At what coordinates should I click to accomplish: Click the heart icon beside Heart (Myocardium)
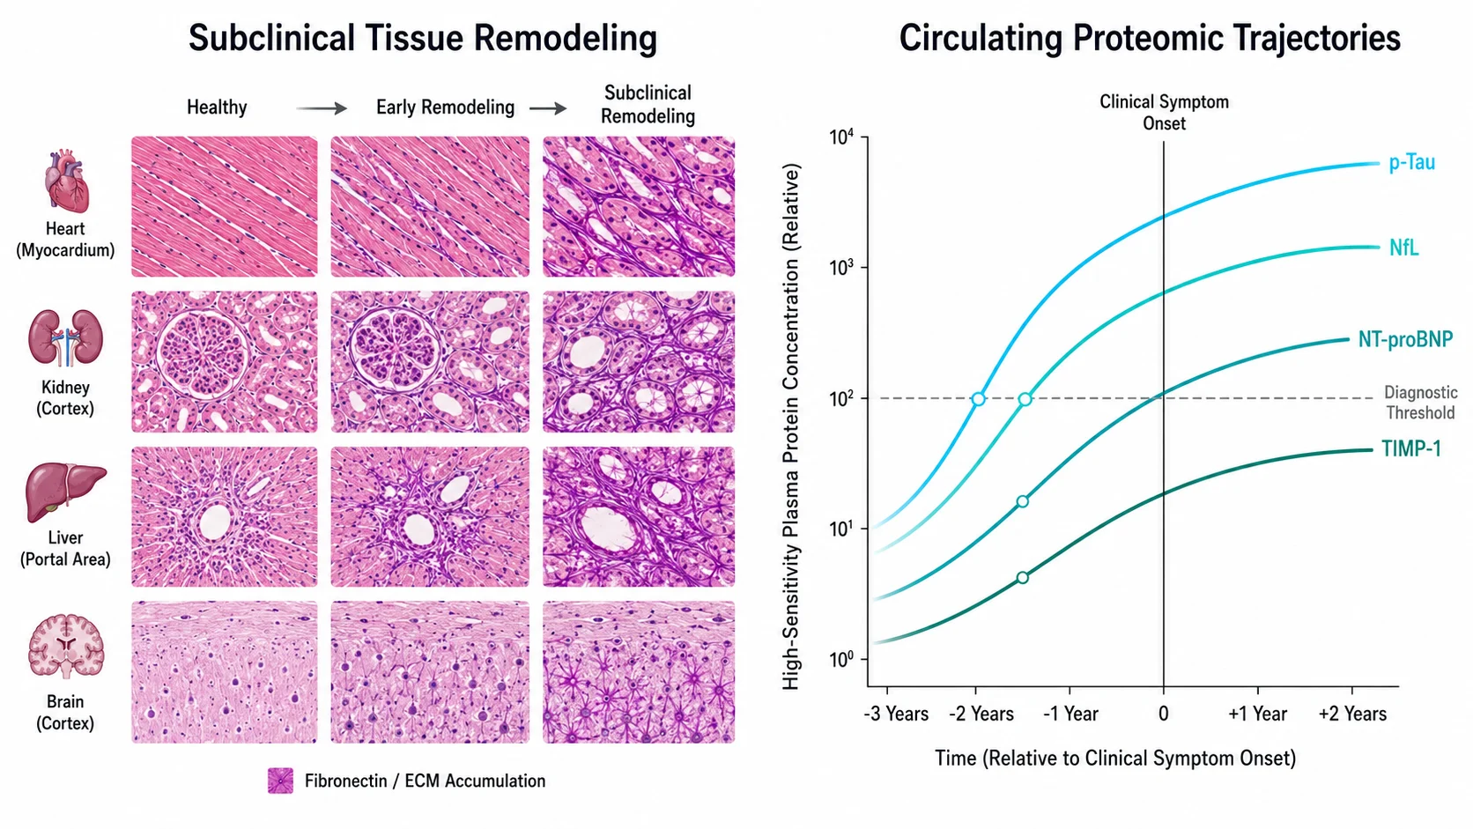(65, 181)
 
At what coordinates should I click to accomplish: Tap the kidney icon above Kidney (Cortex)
(65, 338)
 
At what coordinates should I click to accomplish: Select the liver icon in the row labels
(65, 492)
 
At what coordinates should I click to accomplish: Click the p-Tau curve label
(1412, 163)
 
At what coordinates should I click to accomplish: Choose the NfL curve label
(1404, 248)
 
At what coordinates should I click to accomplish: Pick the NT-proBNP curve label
(1405, 339)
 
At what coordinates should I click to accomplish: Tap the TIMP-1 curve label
(1411, 449)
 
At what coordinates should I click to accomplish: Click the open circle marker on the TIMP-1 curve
(1023, 577)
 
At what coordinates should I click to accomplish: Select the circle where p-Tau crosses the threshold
(979, 398)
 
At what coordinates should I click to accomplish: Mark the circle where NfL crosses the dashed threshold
(1025, 399)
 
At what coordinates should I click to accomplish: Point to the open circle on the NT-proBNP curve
(1023, 501)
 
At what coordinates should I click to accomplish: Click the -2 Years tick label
(981, 714)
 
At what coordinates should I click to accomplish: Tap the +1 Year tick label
(1257, 714)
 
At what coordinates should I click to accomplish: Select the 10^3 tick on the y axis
(841, 268)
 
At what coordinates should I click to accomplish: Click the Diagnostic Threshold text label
(1420, 403)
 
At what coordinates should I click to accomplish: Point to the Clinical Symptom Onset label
(1164, 113)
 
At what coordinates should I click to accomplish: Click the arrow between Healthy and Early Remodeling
(321, 107)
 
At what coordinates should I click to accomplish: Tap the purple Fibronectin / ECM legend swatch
(281, 781)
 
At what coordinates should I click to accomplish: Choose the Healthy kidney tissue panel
(225, 361)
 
